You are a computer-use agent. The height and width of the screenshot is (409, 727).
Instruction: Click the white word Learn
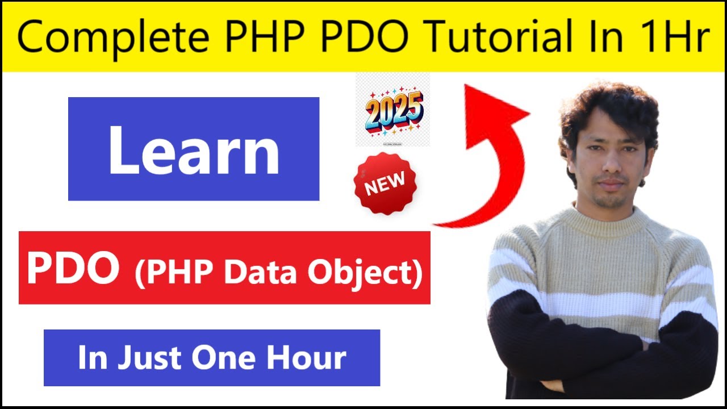click(x=194, y=149)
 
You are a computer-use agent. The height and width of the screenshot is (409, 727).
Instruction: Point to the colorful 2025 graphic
click(x=394, y=111)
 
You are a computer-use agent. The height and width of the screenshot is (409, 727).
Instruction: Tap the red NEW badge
click(x=385, y=183)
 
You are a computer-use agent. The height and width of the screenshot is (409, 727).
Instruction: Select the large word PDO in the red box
click(x=73, y=269)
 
